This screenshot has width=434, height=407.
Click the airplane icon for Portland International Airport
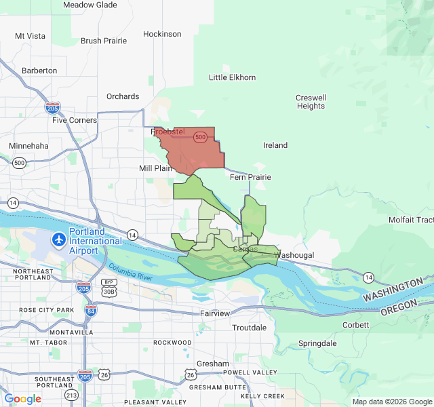tap(59, 240)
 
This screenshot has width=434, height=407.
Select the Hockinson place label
tap(162, 34)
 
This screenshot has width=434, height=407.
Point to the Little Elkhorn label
tap(233, 77)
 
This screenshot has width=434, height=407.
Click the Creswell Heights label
tap(311, 102)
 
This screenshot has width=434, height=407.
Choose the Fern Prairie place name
tap(250, 177)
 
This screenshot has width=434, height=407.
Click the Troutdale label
tap(249, 328)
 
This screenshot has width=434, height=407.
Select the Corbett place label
tap(355, 325)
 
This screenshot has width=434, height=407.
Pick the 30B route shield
tap(108, 291)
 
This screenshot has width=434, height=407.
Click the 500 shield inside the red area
tap(200, 137)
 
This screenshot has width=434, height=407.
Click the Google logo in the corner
tap(22, 399)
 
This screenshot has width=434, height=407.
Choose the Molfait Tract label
tap(410, 220)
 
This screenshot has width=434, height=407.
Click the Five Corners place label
tap(75, 120)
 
